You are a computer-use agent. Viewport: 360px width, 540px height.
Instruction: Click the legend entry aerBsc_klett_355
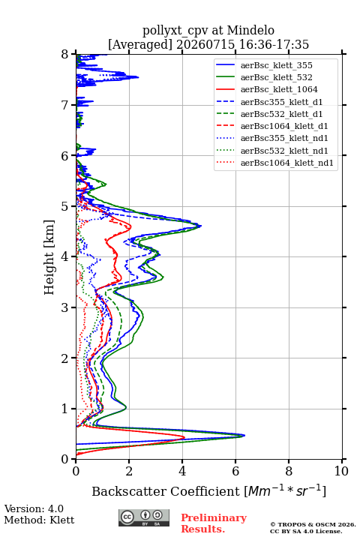276,65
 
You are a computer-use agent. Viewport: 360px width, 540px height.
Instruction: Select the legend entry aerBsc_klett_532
276,77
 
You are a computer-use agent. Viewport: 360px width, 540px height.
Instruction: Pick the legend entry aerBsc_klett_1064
279,89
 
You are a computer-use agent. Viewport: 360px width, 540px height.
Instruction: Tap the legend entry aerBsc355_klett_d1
281,102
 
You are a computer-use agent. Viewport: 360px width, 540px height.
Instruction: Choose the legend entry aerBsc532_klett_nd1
284,151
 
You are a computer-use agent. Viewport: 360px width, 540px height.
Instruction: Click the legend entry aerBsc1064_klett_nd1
287,163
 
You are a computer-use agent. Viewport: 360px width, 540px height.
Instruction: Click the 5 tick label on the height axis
65,206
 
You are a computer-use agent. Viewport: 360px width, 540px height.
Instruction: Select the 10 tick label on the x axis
341,471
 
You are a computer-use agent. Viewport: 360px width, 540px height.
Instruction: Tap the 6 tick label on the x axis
235,471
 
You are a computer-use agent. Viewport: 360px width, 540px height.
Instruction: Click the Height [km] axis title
49,257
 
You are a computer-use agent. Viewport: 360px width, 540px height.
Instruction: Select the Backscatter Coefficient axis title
208,490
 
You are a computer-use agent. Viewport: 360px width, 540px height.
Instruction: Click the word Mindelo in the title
250,30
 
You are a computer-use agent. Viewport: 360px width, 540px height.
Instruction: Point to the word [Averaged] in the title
140,44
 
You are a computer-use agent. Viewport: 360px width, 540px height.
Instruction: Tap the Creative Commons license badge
144,517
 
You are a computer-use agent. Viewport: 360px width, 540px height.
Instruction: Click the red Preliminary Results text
214,523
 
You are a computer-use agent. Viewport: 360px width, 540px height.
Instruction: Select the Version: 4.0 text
34,508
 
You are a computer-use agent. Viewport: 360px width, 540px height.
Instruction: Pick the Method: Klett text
39,520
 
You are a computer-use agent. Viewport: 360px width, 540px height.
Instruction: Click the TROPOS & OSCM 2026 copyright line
313,524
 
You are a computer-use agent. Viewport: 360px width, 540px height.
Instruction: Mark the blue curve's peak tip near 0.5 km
245,435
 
